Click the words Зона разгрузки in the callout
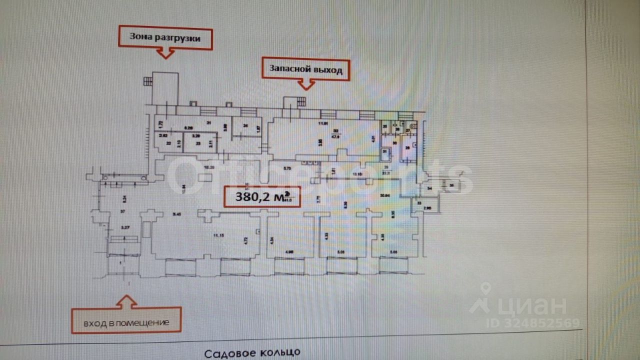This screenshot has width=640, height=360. [164, 37]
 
